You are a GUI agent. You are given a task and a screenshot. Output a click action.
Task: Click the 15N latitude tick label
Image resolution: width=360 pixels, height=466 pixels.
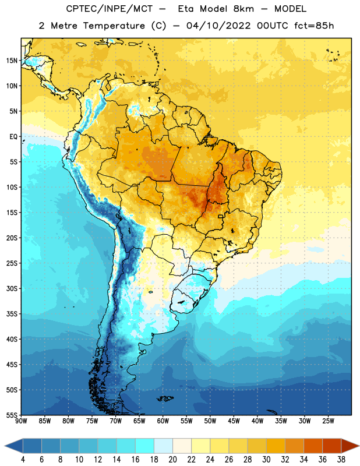click(12, 61)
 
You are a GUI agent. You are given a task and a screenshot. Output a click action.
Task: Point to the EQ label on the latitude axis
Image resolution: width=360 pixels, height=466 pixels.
click(13, 137)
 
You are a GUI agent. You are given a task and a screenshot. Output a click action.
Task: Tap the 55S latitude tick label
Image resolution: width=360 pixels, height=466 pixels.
click(12, 415)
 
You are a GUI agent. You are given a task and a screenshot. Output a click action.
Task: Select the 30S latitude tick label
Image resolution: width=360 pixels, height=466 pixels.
click(12, 288)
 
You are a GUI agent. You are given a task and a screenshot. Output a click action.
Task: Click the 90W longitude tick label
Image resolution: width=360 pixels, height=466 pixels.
click(21, 421)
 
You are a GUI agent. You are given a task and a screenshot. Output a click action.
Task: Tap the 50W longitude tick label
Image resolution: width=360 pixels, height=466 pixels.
click(210, 421)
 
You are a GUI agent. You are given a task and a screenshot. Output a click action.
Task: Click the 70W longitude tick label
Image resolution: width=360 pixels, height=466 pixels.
click(116, 421)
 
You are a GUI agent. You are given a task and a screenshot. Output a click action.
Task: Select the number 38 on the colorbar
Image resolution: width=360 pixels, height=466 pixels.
click(341, 460)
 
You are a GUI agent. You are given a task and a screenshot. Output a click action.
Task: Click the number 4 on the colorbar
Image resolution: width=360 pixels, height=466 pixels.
click(23, 460)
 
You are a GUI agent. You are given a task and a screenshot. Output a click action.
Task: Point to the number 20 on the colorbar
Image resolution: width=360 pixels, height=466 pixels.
click(172, 460)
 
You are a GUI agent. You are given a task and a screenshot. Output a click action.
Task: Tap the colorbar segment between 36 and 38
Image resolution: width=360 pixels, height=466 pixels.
click(332, 446)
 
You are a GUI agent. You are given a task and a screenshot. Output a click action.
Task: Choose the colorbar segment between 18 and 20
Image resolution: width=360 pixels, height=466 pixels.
click(163, 446)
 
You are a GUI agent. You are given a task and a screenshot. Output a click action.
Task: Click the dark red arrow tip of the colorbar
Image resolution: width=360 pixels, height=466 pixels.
click(358, 446)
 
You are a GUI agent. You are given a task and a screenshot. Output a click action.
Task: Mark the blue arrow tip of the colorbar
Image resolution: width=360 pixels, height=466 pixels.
click(5, 446)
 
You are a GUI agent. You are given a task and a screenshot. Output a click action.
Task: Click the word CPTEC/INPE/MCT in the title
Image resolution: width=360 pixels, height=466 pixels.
click(109, 9)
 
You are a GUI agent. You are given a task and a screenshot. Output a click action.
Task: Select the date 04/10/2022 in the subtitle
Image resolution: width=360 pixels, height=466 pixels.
click(218, 26)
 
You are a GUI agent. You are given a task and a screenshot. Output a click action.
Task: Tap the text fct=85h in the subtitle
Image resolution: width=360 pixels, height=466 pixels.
click(314, 26)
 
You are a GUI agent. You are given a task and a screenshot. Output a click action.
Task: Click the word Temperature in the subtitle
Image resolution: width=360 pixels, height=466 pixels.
click(114, 26)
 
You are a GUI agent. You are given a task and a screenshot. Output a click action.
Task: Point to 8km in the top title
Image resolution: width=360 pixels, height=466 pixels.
click(243, 9)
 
